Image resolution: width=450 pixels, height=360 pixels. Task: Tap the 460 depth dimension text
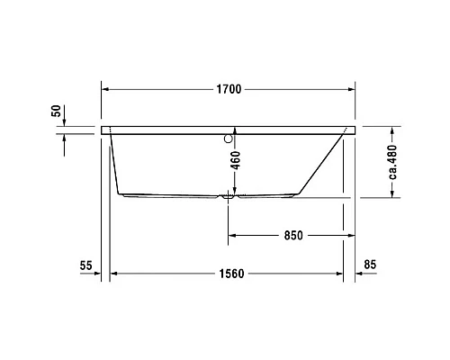pyautogui.click(x=234, y=162)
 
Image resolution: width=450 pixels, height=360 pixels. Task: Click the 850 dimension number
pyautogui.click(x=292, y=236)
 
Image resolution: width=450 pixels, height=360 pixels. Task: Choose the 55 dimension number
pyautogui.click(x=86, y=265)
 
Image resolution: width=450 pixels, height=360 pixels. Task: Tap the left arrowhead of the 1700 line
pyautogui.click(x=105, y=90)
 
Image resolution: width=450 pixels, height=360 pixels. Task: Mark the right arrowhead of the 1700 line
pyautogui.click(x=352, y=90)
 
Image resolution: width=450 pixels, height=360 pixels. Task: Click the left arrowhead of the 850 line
pyautogui.click(x=233, y=236)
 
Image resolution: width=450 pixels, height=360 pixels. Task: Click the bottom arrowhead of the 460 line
pyautogui.click(x=233, y=192)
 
